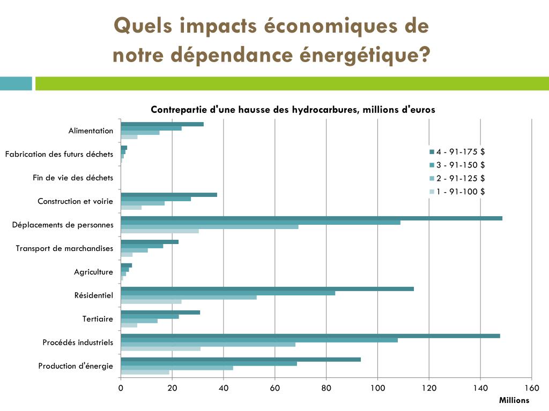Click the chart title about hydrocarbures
(x=293, y=110)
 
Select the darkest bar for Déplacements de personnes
(x=311, y=218)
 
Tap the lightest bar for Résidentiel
(x=151, y=301)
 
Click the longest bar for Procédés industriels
(x=310, y=336)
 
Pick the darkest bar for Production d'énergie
(x=241, y=360)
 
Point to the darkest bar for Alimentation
(x=162, y=124)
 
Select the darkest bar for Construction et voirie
(x=169, y=195)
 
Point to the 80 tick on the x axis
(x=326, y=389)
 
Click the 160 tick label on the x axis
(x=531, y=389)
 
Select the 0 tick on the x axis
(x=121, y=389)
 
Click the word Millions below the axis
(x=514, y=400)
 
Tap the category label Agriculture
(x=93, y=272)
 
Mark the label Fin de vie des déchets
(x=73, y=178)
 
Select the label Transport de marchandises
(x=64, y=248)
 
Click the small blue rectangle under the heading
(x=16, y=83)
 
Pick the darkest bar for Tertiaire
(x=160, y=313)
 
